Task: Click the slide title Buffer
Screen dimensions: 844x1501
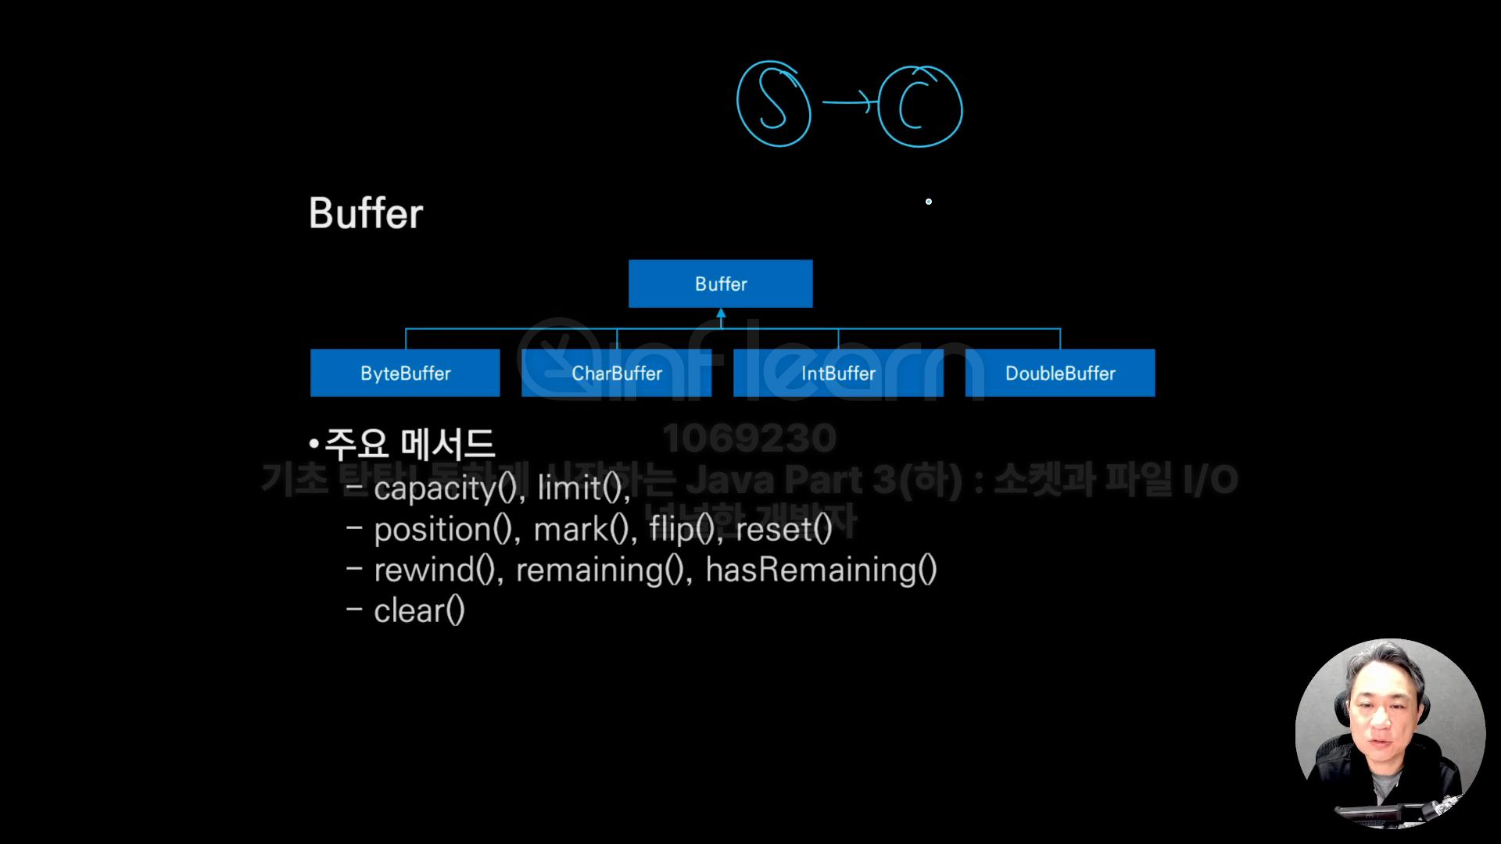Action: click(366, 213)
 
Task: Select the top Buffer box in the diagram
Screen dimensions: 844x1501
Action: click(720, 284)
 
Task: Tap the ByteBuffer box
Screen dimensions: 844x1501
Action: click(405, 373)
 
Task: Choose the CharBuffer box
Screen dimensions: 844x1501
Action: click(617, 373)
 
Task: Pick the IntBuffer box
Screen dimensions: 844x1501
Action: click(838, 373)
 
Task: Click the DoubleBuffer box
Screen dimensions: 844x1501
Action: click(1060, 373)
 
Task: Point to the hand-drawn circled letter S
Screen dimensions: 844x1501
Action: click(773, 104)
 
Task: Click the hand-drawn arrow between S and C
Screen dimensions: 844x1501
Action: click(847, 102)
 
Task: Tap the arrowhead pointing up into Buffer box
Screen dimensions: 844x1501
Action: click(721, 314)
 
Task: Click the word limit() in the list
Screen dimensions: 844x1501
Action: click(582, 488)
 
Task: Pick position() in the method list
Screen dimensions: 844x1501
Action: click(444, 530)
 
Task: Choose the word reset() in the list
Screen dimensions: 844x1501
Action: click(783, 530)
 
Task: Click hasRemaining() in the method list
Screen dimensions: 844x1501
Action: click(821, 570)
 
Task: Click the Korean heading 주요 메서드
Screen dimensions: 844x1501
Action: click(408, 444)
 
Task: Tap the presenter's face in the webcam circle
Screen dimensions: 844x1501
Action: click(1380, 723)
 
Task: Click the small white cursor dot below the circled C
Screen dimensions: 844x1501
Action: click(929, 202)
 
